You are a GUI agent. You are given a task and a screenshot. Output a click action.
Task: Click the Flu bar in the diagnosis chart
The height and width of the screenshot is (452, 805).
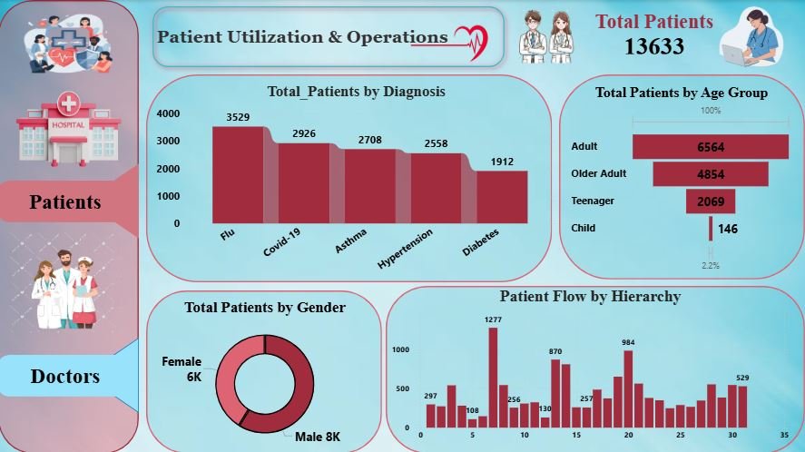coord(238,174)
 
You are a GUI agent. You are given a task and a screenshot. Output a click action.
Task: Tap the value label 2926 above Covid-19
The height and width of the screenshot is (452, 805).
coord(304,134)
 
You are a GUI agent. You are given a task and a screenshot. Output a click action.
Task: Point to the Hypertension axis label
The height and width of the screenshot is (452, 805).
coord(405,249)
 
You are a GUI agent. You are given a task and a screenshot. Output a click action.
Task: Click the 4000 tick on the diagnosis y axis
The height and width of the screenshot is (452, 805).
coord(168,114)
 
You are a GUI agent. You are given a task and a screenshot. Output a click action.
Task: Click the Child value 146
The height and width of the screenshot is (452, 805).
coord(728,229)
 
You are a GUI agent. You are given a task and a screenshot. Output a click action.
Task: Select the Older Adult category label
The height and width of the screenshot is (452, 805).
coord(599,173)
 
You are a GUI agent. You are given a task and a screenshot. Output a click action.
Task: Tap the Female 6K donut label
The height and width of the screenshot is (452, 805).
coord(182,368)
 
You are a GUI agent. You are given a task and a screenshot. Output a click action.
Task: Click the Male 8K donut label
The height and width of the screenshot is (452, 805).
coord(318,437)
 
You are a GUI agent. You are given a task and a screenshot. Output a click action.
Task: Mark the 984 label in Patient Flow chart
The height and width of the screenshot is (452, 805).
coord(628,342)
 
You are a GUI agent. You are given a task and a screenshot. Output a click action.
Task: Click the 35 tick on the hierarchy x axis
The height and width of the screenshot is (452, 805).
coord(784,434)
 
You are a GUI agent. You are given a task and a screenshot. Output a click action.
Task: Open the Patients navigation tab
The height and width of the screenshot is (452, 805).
coord(65,201)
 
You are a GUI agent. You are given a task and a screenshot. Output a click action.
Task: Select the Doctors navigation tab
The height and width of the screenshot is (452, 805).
coord(65,376)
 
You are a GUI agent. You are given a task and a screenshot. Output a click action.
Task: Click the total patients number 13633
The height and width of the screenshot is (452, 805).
coord(653,46)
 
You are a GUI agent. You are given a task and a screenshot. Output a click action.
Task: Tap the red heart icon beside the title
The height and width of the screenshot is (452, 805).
coord(470,38)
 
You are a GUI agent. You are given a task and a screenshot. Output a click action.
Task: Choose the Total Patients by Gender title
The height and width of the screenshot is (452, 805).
coord(264,308)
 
